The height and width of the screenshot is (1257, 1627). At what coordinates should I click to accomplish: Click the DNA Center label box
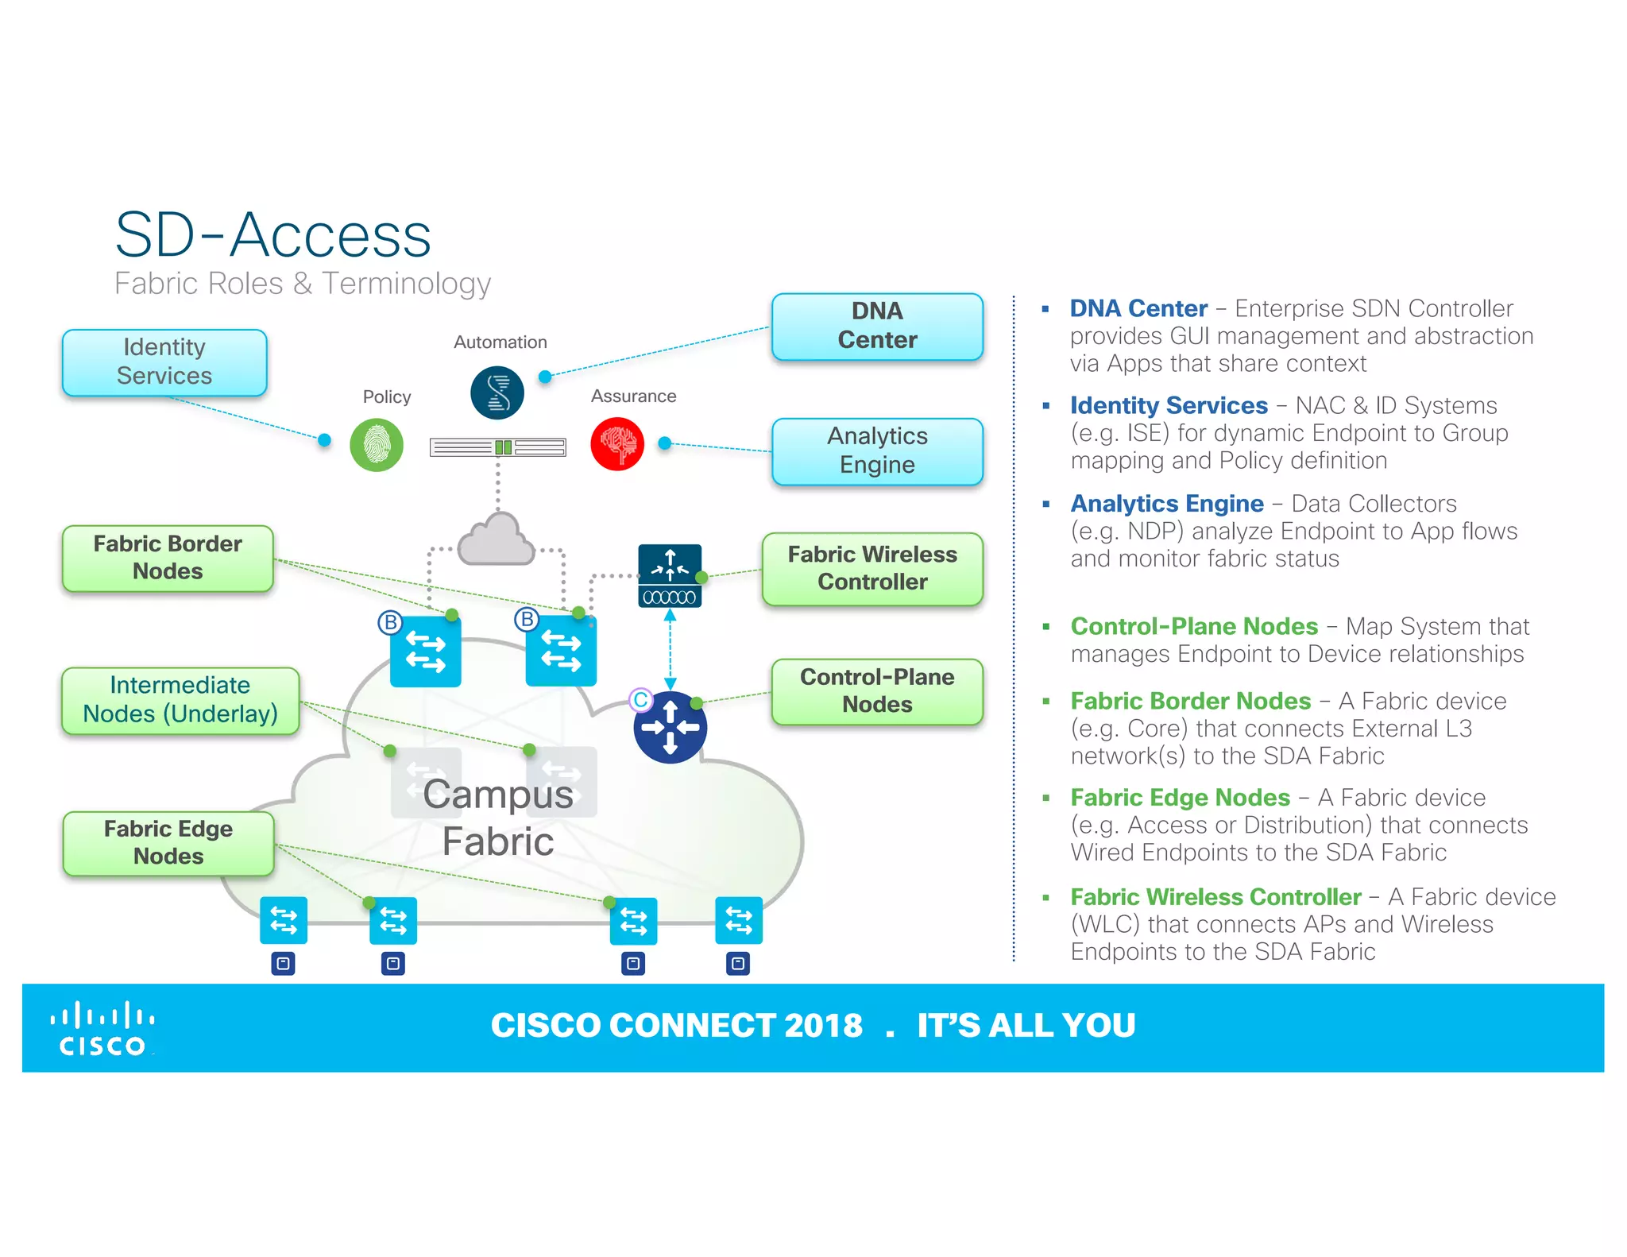[876, 326]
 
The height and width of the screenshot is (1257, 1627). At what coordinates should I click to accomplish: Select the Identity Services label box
[164, 362]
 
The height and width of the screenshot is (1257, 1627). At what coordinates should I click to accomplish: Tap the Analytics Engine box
[876, 451]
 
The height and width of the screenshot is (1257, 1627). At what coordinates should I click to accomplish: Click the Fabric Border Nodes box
[168, 558]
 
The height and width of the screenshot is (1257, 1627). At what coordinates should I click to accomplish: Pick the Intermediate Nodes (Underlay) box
[180, 699]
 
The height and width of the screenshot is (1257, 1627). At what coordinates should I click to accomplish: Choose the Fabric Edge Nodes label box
[168, 842]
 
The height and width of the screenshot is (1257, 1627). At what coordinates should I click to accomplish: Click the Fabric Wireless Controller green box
[871, 568]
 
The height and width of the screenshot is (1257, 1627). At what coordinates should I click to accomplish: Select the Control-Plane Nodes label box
[876, 690]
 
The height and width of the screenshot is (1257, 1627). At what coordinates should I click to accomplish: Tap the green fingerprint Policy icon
[377, 445]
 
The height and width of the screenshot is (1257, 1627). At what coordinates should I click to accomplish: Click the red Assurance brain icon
[617, 444]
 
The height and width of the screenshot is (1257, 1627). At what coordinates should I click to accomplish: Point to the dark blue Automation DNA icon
[497, 393]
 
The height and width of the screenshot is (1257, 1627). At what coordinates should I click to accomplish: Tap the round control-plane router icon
[670, 727]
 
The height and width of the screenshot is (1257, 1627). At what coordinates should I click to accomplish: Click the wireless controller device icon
[670, 575]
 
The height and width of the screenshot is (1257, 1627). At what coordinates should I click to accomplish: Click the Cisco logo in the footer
[102, 1029]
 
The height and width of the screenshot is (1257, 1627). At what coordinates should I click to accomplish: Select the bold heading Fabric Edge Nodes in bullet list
[1180, 797]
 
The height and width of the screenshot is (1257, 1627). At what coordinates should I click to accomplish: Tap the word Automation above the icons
[500, 342]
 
